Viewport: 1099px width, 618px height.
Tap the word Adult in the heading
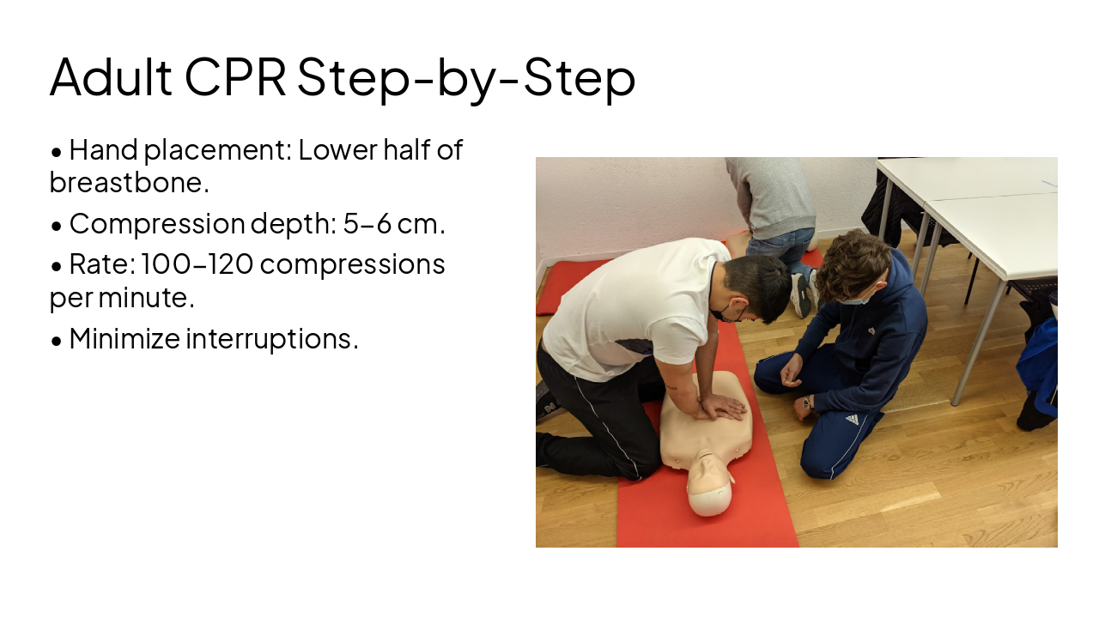[x=111, y=77]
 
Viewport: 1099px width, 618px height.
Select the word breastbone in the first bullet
[x=129, y=182]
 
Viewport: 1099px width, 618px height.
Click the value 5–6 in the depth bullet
[x=367, y=223]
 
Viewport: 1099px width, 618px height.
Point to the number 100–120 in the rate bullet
[x=197, y=264]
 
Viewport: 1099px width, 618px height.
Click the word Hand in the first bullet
[x=104, y=149]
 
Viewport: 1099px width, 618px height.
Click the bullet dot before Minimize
[x=57, y=340]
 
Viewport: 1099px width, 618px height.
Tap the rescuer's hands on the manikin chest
[x=718, y=407]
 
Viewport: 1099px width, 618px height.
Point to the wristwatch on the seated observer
[x=806, y=402]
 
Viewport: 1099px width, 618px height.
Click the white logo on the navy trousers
[x=851, y=420]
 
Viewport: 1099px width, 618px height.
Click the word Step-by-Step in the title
[x=466, y=77]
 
